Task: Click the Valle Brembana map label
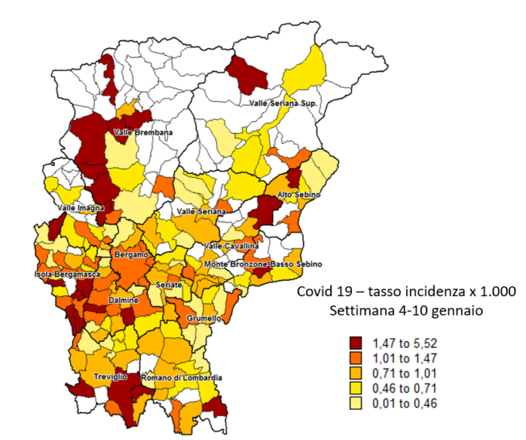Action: coord(143,132)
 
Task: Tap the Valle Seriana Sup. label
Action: coord(283,103)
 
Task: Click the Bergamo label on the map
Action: coord(130,254)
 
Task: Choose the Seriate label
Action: coord(169,285)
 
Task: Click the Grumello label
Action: coord(204,318)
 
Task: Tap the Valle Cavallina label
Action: coord(231,246)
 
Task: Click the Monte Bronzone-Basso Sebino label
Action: coord(258,264)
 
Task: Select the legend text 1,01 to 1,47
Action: coord(405,357)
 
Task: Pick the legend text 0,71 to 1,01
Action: coord(405,373)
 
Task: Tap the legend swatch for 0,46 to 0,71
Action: coord(355,388)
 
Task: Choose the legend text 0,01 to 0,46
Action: coord(405,403)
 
